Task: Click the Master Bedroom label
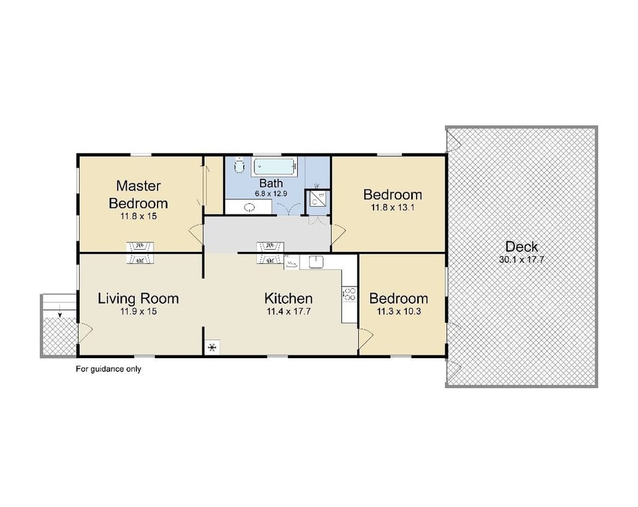point(138,194)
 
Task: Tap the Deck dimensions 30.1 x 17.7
point(521,260)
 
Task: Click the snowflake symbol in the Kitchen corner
point(213,347)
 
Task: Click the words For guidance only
point(108,369)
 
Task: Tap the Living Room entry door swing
point(85,330)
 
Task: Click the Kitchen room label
point(288,298)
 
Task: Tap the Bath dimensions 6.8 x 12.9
point(271,193)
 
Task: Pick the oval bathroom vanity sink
point(250,207)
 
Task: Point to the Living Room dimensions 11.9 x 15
point(138,311)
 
